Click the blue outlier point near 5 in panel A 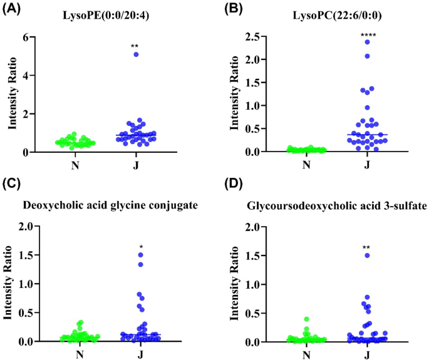pyautogui.click(x=135, y=55)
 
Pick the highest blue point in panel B pyautogui.click(x=366, y=42)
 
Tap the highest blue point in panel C pyautogui.click(x=140, y=255)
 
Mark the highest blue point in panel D pyautogui.click(x=366, y=255)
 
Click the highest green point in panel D pyautogui.click(x=306, y=319)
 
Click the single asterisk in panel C pyautogui.click(x=140, y=247)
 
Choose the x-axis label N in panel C pyautogui.click(x=81, y=354)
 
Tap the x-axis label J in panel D pyautogui.click(x=366, y=354)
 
